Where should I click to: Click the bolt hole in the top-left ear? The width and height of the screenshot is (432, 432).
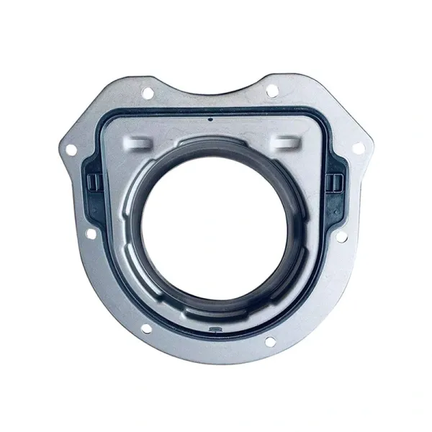point(148,92)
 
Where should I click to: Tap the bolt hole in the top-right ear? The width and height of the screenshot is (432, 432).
point(271,91)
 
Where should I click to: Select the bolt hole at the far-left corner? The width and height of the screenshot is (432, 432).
point(71,149)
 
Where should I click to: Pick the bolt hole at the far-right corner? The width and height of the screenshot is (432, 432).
point(357,148)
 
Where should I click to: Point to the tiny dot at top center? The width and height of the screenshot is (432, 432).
point(209,120)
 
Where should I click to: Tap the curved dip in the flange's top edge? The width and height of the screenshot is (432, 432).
point(208,91)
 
